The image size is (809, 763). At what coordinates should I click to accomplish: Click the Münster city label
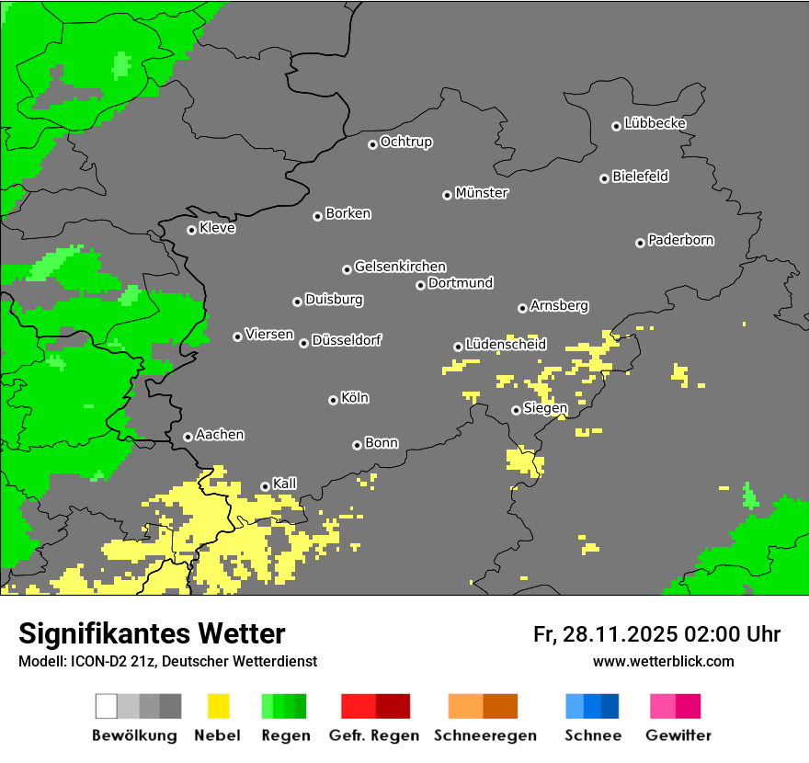[x=482, y=193]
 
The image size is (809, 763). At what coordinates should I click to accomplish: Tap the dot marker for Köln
[x=333, y=400]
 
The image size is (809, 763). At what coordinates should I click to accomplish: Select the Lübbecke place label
[x=655, y=123]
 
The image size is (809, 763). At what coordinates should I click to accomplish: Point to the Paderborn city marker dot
[x=640, y=243]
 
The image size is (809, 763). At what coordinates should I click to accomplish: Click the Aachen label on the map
[x=220, y=435]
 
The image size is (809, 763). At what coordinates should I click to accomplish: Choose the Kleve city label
[x=217, y=228]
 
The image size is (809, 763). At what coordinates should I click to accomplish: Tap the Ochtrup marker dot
[x=372, y=143]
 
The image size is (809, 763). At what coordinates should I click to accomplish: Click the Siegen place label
[x=545, y=408]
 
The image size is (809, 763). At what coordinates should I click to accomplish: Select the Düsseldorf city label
[x=347, y=340]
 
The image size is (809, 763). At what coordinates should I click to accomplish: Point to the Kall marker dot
[x=265, y=486]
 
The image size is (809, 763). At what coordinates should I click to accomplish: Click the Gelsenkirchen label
[x=400, y=267]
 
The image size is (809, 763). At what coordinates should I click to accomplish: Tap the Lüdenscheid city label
[x=506, y=345]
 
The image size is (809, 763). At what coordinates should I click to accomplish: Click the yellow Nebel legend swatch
[x=218, y=706]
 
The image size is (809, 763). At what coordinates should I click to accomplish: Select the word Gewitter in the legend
[x=678, y=735]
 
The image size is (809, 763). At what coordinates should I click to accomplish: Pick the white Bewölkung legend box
[x=107, y=706]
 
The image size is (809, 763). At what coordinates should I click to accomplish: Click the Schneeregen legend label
[x=484, y=735]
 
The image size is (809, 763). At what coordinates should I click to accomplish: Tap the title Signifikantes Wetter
[x=152, y=633]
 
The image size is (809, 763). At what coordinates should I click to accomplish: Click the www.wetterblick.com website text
[x=663, y=661]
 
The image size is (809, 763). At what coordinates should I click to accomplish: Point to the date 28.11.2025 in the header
[x=619, y=634]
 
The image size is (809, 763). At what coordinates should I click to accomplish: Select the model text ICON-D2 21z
[x=107, y=661]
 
